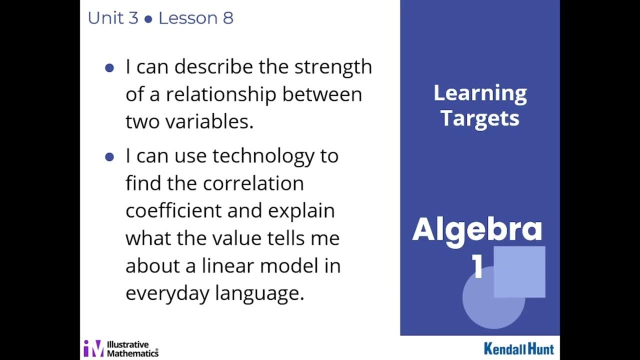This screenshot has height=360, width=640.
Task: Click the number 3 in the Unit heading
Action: [x=132, y=18]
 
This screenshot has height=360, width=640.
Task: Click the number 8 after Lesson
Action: [x=228, y=18]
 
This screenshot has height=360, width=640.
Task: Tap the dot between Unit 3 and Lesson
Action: [x=148, y=19]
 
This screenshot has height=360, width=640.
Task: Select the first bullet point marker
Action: [x=109, y=68]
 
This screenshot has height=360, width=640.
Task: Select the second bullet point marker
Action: [x=109, y=157]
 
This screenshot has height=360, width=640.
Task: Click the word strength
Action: [x=333, y=67]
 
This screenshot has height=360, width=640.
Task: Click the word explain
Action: [x=301, y=211]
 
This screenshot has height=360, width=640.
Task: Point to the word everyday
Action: [x=167, y=293]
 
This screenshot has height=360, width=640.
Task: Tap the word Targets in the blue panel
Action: [x=479, y=119]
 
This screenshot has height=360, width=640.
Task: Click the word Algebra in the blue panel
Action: [x=477, y=229]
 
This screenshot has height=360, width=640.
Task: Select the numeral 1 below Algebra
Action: [x=477, y=267]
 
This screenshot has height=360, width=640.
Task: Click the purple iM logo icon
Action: [x=93, y=348]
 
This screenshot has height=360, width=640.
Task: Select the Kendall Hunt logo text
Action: [x=518, y=348]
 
